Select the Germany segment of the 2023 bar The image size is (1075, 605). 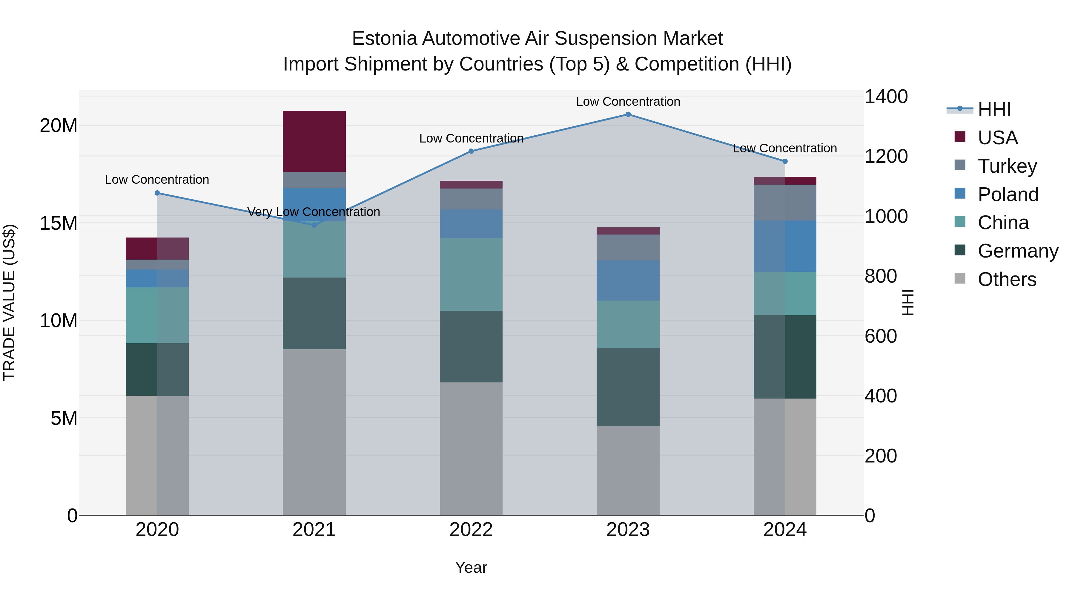tap(628, 387)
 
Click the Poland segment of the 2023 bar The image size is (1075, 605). tap(628, 280)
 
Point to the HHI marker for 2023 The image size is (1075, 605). tap(628, 114)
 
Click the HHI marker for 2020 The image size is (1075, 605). tap(157, 193)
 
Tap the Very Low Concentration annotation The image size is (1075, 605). tap(314, 212)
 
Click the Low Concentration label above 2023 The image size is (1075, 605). tap(628, 102)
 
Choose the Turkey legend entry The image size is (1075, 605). tap(1007, 166)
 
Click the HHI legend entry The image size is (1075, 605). tap(994, 109)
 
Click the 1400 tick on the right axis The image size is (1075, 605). tap(886, 97)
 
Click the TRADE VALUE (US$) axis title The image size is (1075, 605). tap(9, 302)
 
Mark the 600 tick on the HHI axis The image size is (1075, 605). tap(881, 336)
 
